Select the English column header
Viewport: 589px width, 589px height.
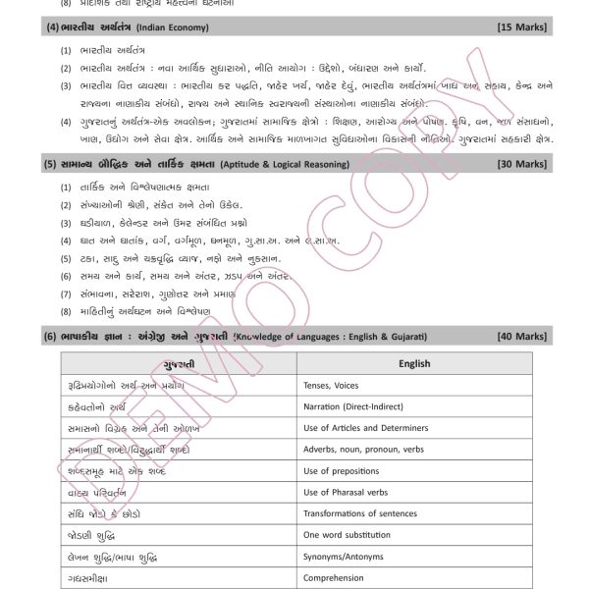(414, 363)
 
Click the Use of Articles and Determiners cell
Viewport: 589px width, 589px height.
(365, 428)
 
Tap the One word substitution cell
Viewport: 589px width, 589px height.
(348, 535)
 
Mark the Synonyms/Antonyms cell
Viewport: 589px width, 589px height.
(344, 557)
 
